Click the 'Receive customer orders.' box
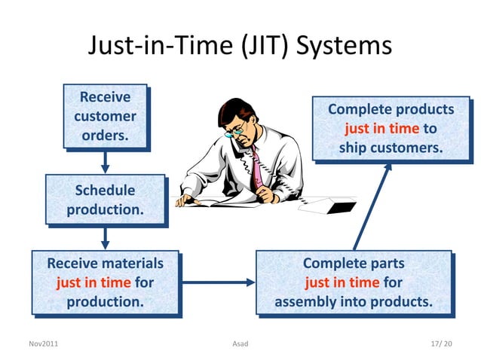(x=105, y=117)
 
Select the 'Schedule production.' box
(x=105, y=200)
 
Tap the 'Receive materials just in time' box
(x=105, y=282)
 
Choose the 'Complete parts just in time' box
(x=353, y=282)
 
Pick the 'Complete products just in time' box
(x=391, y=128)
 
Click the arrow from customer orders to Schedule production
(x=106, y=161)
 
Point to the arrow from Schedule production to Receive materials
(x=106, y=238)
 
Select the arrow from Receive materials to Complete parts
(x=219, y=283)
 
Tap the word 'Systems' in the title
(x=345, y=46)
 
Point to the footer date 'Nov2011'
(x=43, y=344)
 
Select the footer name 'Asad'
(x=240, y=344)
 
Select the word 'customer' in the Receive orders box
(x=105, y=117)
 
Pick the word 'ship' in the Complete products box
(x=353, y=148)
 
